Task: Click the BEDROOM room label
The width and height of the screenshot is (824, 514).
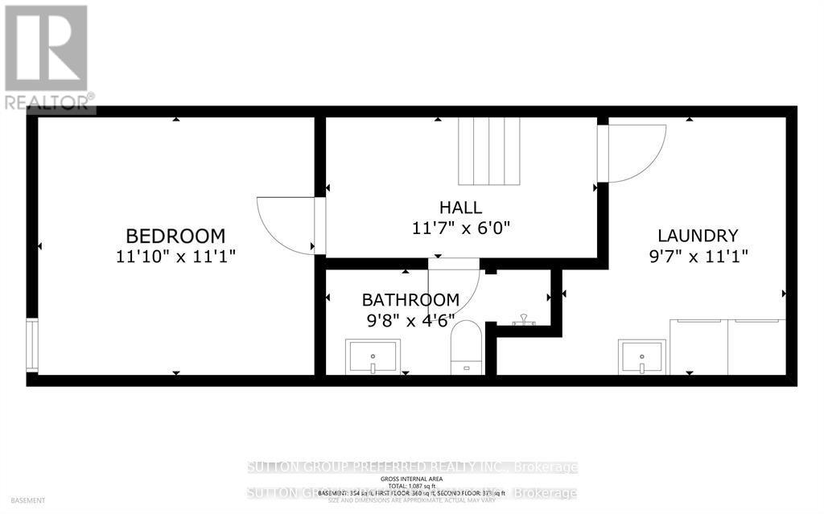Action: [175, 236]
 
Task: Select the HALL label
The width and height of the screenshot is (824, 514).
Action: [461, 207]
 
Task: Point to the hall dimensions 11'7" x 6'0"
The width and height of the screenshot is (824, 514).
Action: [461, 228]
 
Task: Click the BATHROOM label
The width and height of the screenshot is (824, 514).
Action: [410, 300]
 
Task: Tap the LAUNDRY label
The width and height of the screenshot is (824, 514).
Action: [698, 236]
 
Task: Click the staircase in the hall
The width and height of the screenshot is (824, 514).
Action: [488, 150]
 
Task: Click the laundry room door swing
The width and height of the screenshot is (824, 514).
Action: [633, 153]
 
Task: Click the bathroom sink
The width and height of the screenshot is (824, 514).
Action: [373, 356]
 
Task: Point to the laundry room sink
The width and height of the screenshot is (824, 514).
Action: [641, 356]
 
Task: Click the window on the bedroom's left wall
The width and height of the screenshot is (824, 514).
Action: [31, 345]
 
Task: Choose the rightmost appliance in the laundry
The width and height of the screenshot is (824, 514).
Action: [756, 347]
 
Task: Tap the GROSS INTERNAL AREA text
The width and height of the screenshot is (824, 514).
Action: [412, 479]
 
